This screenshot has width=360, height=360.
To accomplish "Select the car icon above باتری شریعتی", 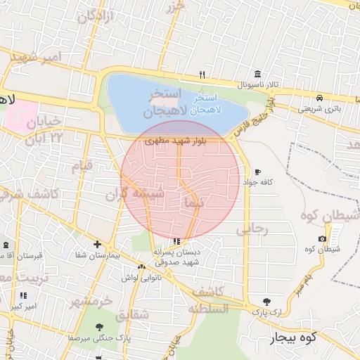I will (x=320, y=98).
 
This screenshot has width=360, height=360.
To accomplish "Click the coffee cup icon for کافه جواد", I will (x=257, y=172).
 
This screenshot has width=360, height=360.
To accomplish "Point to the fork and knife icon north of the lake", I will (x=202, y=75).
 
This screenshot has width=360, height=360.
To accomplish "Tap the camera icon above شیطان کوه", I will (x=321, y=238).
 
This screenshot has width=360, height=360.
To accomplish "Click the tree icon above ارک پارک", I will (x=265, y=302).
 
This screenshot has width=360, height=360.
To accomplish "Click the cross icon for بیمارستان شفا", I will (x=96, y=245).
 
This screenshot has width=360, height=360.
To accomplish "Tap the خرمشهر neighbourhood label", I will (x=91, y=302).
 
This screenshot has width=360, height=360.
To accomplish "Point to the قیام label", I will (x=82, y=167).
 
